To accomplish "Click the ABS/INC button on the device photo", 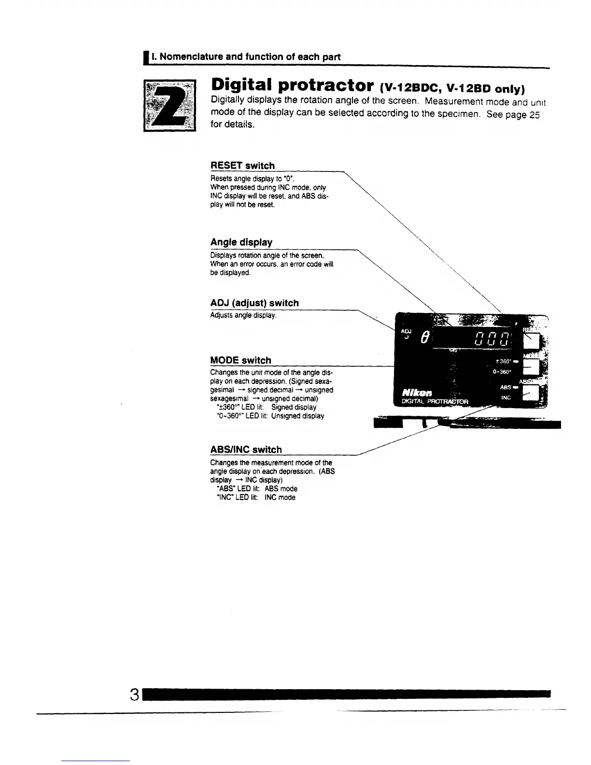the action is [532, 395].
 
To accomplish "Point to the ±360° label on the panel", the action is [503, 361].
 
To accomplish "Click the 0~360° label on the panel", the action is [502, 372].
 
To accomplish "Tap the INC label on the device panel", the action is [506, 397].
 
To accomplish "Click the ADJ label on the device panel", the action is [406, 331].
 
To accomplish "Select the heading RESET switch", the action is [242, 166].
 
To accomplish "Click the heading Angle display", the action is [241, 242].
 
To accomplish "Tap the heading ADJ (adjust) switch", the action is [254, 303].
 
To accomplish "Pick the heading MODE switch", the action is [240, 360].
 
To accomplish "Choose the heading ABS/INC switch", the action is [246, 450].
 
